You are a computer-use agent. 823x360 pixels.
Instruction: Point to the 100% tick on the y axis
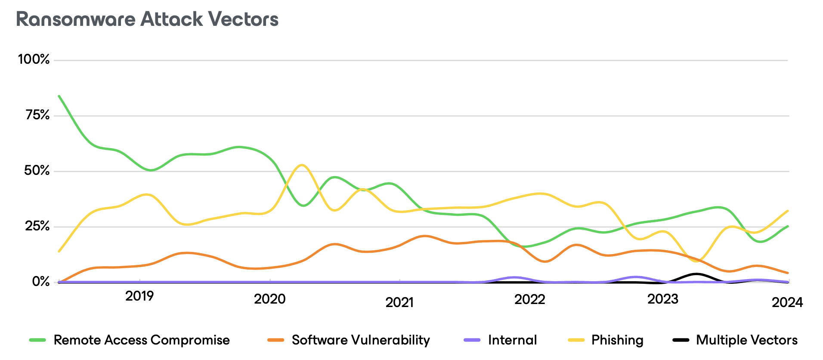pos(34,59)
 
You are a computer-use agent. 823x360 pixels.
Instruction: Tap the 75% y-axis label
pos(37,115)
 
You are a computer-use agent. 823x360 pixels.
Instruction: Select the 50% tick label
pos(37,171)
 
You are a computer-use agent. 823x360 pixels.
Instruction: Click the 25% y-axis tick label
pos(37,226)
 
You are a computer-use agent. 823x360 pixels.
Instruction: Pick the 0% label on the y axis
pos(41,282)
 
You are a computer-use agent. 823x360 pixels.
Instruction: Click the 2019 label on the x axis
pos(139,296)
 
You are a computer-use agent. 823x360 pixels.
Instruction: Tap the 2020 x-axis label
pos(269,299)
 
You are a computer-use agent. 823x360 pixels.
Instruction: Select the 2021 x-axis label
pos(399,302)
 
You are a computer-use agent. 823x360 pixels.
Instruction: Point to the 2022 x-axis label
pos(529,299)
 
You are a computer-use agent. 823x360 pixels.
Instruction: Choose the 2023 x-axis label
pos(662,299)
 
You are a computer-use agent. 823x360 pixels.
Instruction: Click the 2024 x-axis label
pos(787,302)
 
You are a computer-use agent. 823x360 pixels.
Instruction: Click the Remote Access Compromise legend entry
pos(141,340)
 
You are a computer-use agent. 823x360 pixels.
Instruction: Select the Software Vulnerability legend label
pos(361,340)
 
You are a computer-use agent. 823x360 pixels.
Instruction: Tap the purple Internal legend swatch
pos(472,340)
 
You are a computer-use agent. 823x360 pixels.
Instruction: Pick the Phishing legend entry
pos(617,340)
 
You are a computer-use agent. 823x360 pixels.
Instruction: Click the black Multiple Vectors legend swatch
pos(681,340)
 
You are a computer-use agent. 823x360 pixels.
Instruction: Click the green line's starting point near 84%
pos(59,96)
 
